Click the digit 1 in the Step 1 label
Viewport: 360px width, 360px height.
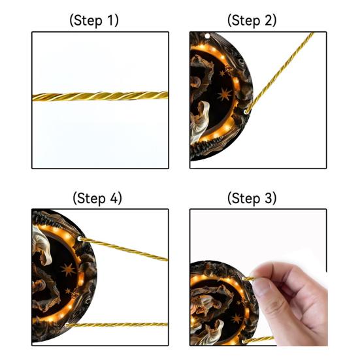coord(110,20)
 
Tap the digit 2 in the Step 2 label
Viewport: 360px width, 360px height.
coord(268,20)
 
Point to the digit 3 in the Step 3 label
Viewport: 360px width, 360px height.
coord(268,198)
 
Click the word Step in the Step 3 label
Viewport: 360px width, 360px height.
coord(246,199)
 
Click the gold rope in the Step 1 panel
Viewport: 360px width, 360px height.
coord(101,96)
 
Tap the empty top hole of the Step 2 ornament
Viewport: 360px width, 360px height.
coord(207,36)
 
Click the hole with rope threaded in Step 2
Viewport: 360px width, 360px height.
coord(246,112)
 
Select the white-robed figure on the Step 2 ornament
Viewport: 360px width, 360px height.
coord(199,122)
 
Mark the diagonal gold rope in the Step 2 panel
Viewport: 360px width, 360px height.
coord(280,73)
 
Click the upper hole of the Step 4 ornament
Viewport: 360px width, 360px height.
coord(80,238)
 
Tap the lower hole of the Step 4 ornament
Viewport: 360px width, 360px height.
coord(67,325)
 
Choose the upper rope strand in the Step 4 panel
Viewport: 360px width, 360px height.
coord(124,249)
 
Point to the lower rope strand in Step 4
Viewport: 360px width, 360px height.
coord(117,325)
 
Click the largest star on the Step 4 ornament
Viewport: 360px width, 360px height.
coord(68,269)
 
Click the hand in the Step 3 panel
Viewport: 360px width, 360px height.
coord(291,303)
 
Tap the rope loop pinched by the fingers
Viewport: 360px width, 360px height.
coord(248,279)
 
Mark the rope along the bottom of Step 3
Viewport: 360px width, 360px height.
coord(258,339)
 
